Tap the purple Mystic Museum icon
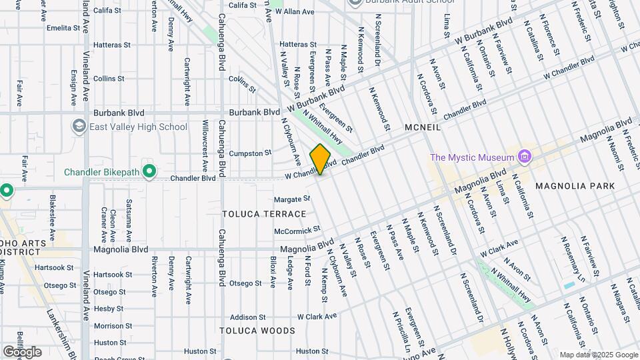point(525,157)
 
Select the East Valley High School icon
point(79,127)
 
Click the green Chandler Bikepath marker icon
point(149,172)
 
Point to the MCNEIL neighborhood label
point(423,127)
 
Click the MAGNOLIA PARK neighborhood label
point(569,185)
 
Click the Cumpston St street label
point(251,153)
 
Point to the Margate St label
point(293,199)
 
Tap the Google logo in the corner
point(22,351)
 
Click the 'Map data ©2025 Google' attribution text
point(599,355)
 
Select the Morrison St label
point(109,325)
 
